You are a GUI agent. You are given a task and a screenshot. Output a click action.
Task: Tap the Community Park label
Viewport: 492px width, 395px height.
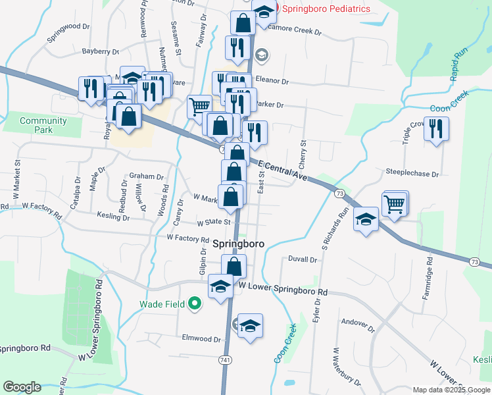pyautogui.click(x=43, y=125)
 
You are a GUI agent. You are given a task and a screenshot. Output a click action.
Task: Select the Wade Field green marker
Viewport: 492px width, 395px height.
pyautogui.click(x=194, y=304)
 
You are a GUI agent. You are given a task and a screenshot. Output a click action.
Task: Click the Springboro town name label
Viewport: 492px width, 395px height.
pyautogui.click(x=239, y=243)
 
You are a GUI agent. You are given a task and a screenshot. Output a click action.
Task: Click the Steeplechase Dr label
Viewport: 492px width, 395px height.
pyautogui.click(x=412, y=174)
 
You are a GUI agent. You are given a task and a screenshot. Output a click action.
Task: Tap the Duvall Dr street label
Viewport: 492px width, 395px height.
pyautogui.click(x=303, y=260)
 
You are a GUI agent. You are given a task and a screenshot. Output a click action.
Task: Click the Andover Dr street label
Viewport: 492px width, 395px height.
pyautogui.click(x=358, y=324)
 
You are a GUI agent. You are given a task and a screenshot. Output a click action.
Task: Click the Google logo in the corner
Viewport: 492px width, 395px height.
pyautogui.click(x=22, y=387)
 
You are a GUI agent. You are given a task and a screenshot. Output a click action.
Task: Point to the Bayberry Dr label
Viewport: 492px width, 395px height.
pyautogui.click(x=100, y=51)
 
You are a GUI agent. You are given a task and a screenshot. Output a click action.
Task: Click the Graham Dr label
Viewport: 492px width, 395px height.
pyautogui.click(x=146, y=176)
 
